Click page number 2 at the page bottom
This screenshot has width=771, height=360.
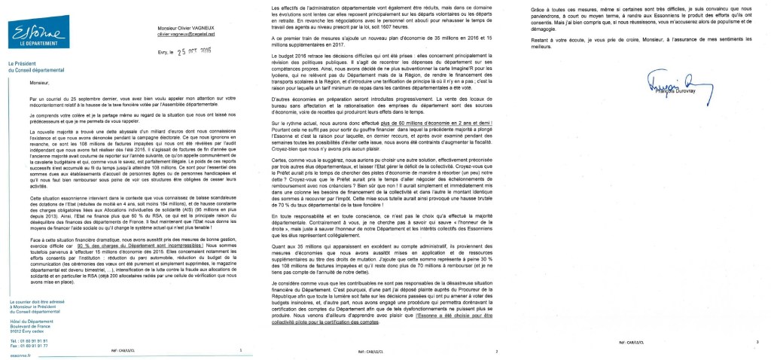[x=497, y=352]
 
